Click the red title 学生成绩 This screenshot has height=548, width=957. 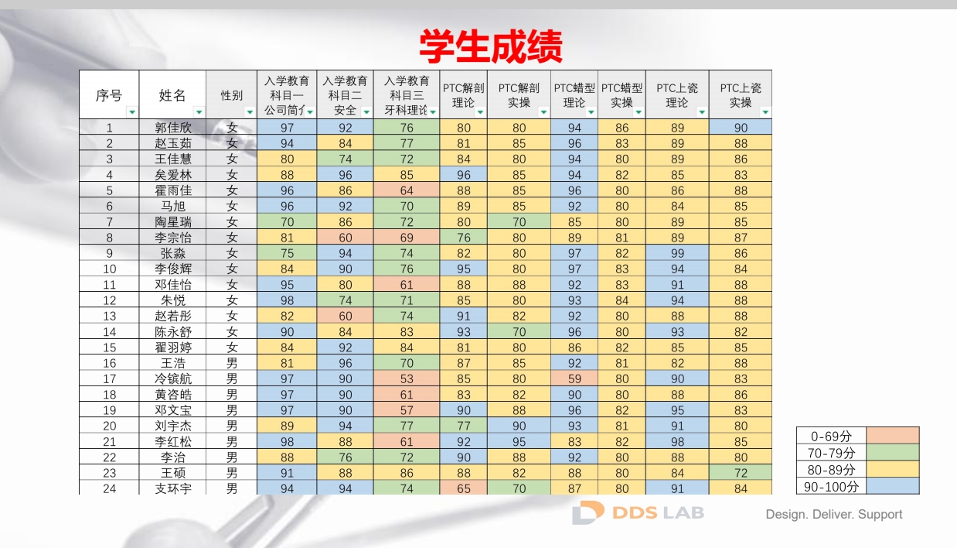point(491,46)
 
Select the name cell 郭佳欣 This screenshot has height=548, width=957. point(173,128)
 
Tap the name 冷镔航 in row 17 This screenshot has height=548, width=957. point(173,378)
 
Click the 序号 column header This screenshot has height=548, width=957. point(109,95)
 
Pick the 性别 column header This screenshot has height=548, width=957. point(231,95)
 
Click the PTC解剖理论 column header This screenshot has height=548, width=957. point(463,94)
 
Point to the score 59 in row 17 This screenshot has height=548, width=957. point(574,378)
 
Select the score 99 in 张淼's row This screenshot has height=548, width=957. point(677,253)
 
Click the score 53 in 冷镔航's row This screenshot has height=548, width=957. point(407,378)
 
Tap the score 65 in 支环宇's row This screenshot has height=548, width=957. point(463,488)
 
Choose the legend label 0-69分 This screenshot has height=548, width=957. point(832,436)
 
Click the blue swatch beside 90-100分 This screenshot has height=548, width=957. point(893,486)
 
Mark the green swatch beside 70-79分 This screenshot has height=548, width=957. point(893,453)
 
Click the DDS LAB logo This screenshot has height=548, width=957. point(639,512)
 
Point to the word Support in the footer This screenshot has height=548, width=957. point(878,514)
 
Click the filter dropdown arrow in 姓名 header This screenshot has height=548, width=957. point(199,112)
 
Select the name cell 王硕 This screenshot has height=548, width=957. point(173,473)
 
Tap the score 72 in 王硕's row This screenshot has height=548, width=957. point(741,473)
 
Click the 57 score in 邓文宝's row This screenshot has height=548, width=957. point(407,410)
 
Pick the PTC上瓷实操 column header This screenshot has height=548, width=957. point(741,94)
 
